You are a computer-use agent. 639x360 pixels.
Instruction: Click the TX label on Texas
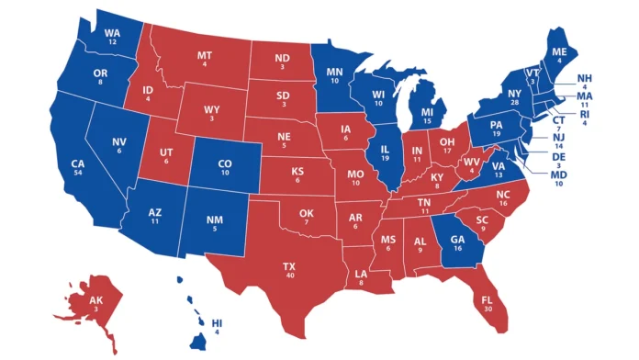[x=290, y=265]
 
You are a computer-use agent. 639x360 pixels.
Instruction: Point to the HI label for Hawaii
[x=217, y=323]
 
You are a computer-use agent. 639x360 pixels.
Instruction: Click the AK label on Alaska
[x=96, y=301]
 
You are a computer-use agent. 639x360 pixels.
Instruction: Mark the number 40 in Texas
[x=290, y=276]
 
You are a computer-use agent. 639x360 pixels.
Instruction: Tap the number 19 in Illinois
[x=387, y=158]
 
